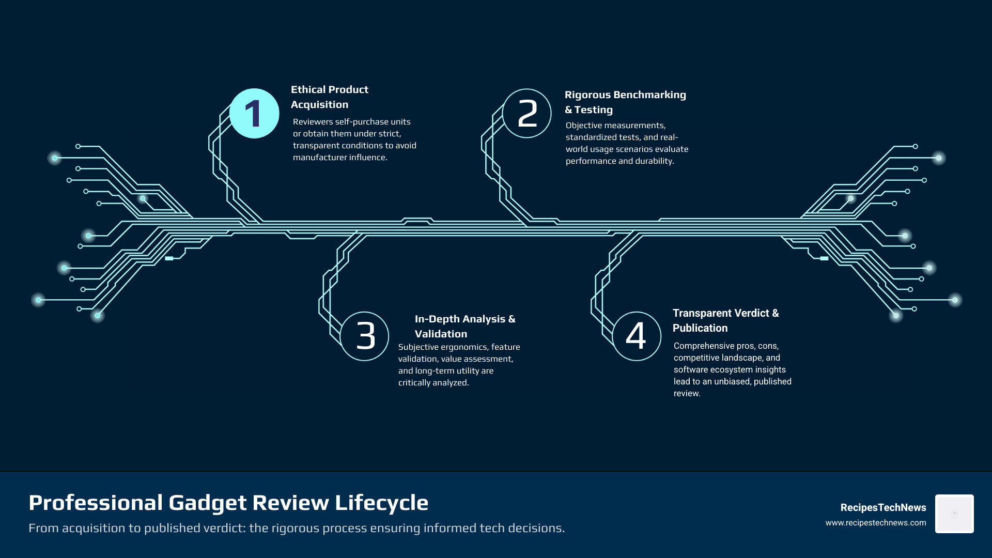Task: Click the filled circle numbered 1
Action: point(254,114)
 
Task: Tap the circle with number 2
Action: point(527,114)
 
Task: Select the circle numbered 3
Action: point(365,336)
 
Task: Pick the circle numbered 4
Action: point(637,336)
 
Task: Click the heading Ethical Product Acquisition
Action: point(329,97)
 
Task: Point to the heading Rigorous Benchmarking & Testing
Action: point(625,102)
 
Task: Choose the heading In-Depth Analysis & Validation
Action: point(465,327)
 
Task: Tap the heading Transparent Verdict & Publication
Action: point(725,320)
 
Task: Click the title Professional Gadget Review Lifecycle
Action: point(228,503)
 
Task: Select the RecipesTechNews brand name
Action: point(883,508)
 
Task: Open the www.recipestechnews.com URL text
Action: point(876,523)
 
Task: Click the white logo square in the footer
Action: point(954,514)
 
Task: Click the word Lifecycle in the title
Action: point(382,503)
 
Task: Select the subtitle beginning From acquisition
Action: point(297,528)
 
